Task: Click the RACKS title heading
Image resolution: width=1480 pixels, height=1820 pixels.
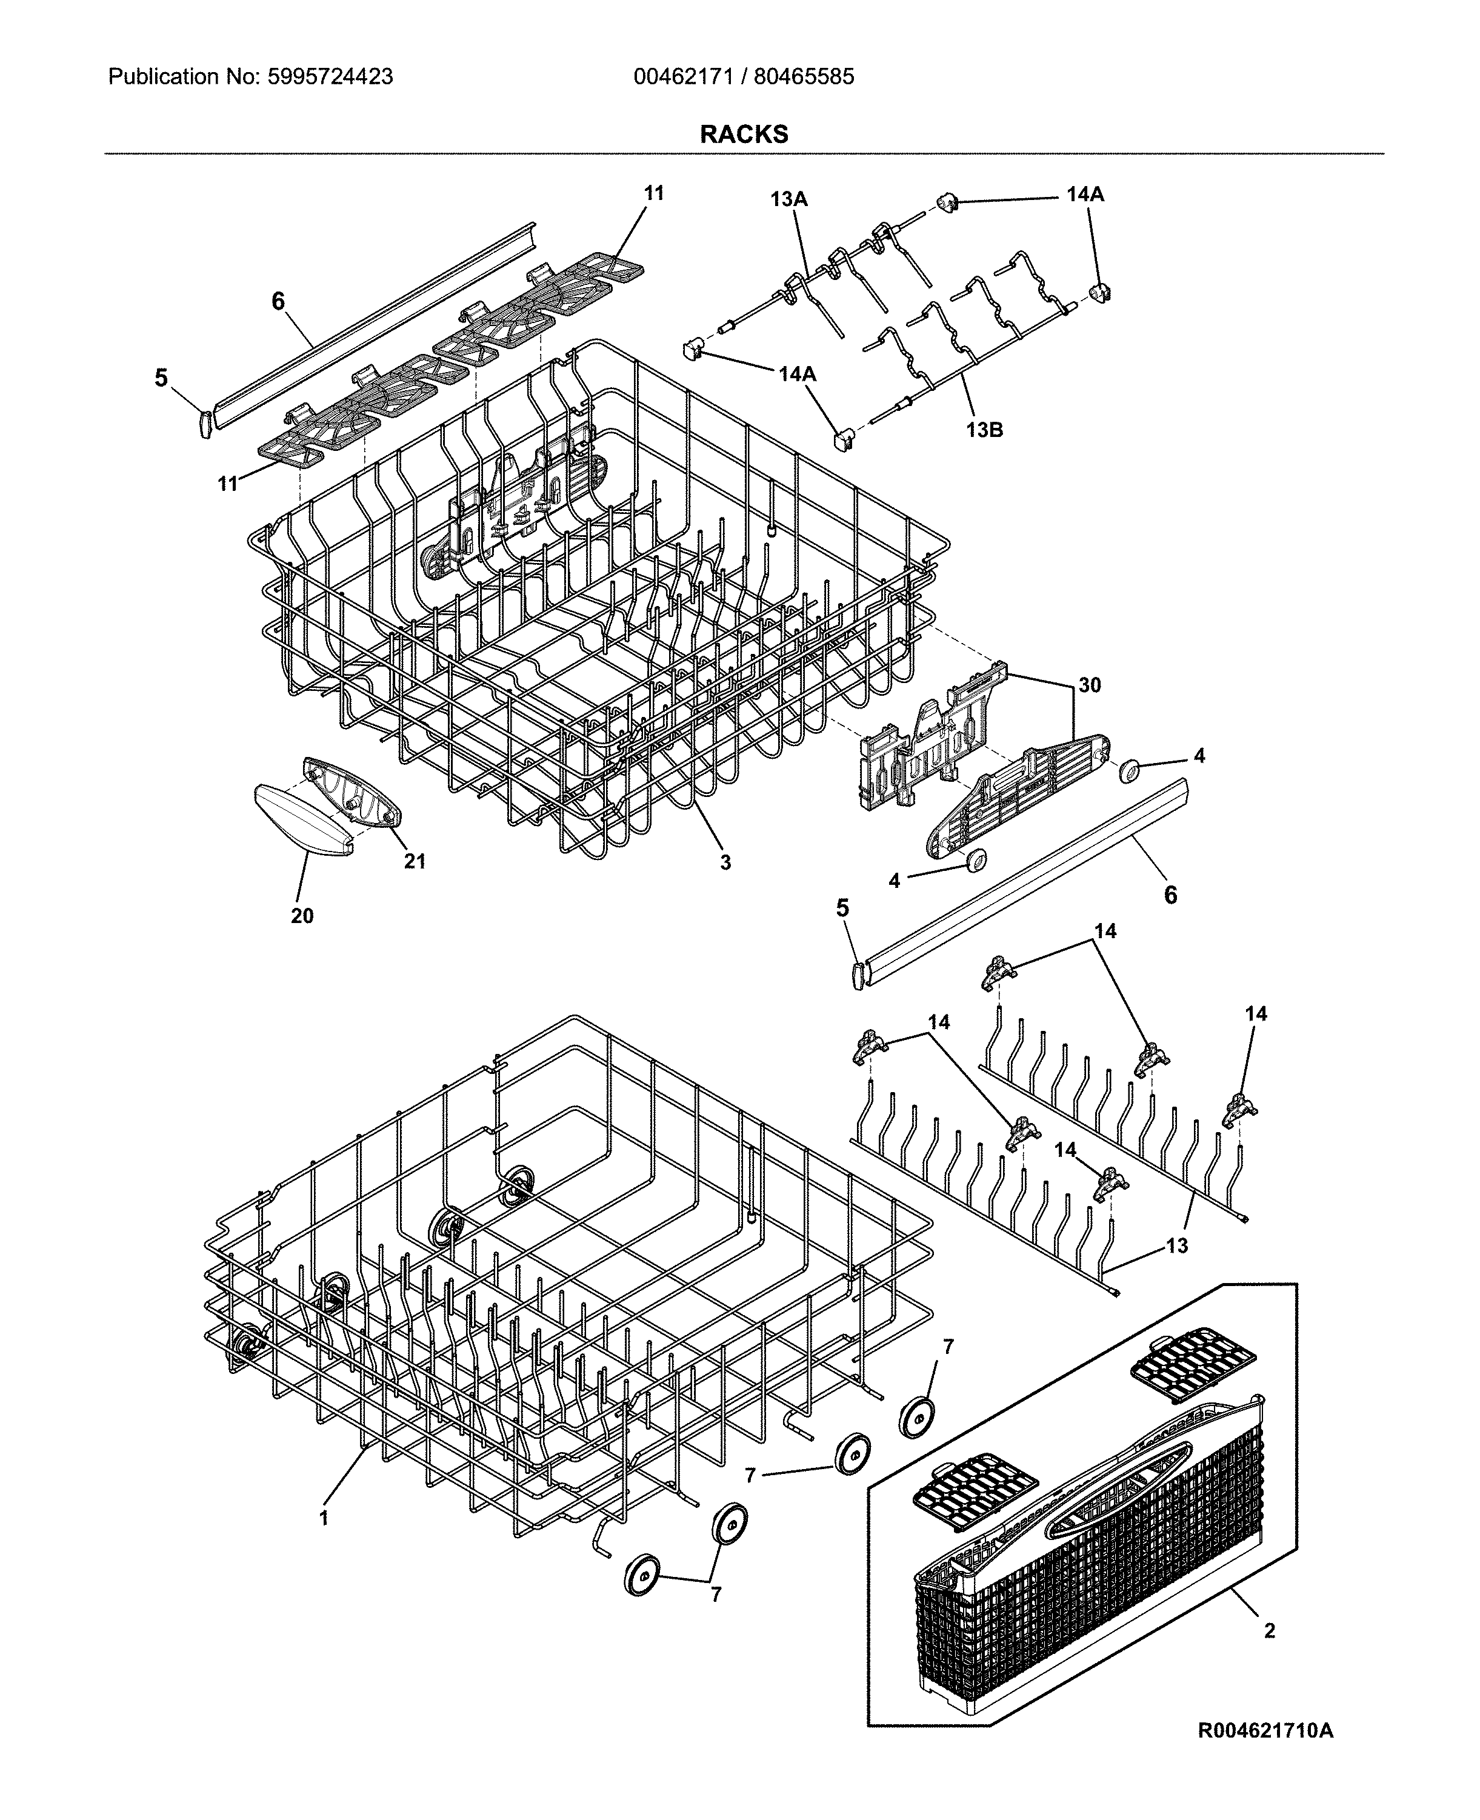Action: (744, 134)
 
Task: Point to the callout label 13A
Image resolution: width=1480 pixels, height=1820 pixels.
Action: (788, 199)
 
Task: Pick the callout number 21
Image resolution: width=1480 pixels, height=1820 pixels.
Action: (415, 861)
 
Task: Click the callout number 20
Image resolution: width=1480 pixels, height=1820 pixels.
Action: (302, 916)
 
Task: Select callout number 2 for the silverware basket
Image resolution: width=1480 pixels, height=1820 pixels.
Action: (1270, 1631)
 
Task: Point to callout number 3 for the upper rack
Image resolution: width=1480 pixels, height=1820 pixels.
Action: (725, 862)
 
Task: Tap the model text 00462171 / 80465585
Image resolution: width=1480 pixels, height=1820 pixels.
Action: (744, 77)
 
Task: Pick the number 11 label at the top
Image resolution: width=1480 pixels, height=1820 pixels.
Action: (653, 193)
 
